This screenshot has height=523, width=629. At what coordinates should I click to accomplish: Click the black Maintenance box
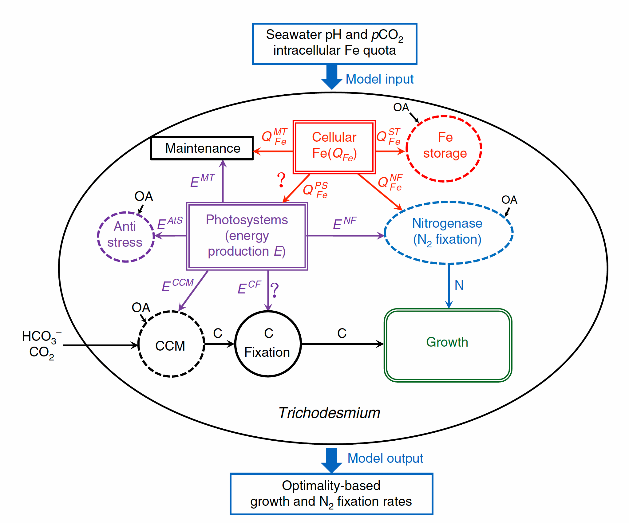pyautogui.click(x=202, y=148)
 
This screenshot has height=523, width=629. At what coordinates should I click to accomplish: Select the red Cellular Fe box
pyautogui.click(x=334, y=147)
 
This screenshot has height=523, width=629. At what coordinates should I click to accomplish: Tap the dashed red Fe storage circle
pyautogui.click(x=444, y=149)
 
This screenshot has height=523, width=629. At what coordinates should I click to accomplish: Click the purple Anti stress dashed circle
pyautogui.click(x=125, y=237)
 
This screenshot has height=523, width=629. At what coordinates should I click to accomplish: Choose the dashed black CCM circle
pyautogui.click(x=171, y=344)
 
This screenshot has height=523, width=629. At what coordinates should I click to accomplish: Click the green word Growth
pyautogui.click(x=447, y=342)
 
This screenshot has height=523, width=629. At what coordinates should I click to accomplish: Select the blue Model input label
pyautogui.click(x=379, y=79)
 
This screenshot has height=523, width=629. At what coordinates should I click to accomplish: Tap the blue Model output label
pyautogui.click(x=385, y=458)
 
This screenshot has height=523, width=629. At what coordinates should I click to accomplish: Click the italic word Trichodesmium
pyautogui.click(x=329, y=413)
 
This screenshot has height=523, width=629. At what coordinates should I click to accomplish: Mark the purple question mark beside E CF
pyautogui.click(x=275, y=290)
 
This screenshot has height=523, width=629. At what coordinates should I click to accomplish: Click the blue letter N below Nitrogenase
pyautogui.click(x=459, y=285)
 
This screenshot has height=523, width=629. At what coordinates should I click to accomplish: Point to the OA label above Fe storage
pyautogui.click(x=401, y=107)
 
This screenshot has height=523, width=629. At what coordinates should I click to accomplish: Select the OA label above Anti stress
pyautogui.click(x=144, y=197)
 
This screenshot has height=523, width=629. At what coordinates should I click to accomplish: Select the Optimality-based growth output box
pyautogui.click(x=331, y=494)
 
